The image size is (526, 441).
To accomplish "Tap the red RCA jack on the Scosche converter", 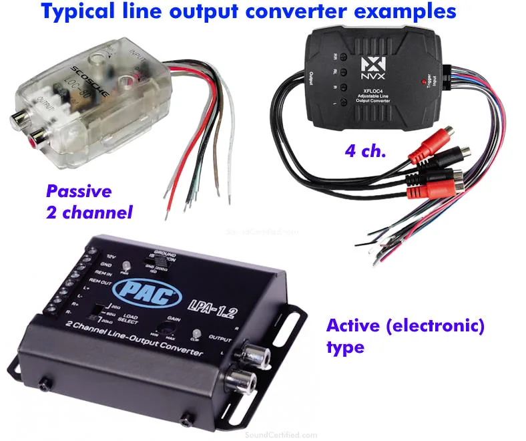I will click(33, 142).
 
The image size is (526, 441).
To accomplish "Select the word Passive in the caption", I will click(79, 192).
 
